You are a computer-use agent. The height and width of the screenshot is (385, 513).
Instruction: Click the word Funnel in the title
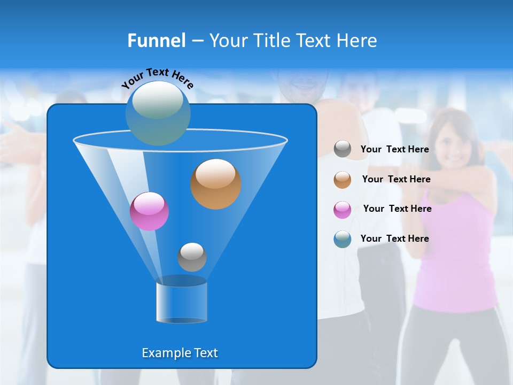(x=156, y=41)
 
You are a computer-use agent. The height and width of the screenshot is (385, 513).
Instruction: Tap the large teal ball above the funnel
(x=158, y=113)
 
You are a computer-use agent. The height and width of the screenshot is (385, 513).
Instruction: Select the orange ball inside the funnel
(x=216, y=184)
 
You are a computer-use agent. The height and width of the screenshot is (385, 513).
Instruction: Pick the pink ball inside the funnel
(x=150, y=211)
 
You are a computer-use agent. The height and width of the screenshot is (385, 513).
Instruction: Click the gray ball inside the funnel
(x=192, y=257)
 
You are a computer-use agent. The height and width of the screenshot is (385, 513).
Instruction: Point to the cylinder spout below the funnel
(x=182, y=302)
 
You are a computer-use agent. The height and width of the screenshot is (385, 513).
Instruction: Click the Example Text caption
(x=180, y=353)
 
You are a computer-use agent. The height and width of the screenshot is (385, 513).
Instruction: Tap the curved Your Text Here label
(x=158, y=78)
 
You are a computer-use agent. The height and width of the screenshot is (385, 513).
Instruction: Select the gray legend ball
(x=343, y=149)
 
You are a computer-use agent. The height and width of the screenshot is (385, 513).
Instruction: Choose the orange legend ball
(x=343, y=180)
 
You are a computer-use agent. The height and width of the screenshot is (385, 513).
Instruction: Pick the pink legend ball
(x=343, y=210)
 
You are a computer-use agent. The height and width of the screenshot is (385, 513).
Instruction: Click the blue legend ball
(x=343, y=239)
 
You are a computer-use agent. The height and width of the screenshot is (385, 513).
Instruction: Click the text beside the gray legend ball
(x=394, y=149)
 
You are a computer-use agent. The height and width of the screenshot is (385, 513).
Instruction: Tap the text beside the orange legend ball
(x=396, y=179)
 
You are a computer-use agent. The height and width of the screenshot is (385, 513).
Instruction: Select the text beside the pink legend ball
(x=397, y=209)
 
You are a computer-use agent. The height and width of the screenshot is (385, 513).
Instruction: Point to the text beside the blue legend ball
(x=394, y=238)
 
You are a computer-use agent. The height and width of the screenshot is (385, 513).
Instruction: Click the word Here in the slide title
(x=357, y=41)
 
